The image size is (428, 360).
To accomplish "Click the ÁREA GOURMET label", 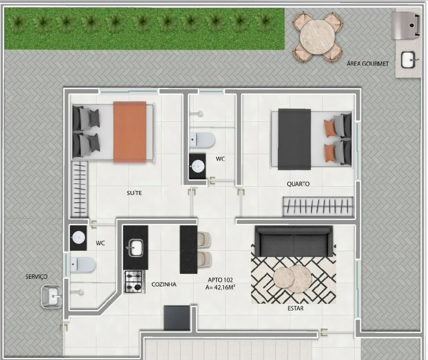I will (x=367, y=64).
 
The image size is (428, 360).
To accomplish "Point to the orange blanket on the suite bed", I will (x=129, y=132).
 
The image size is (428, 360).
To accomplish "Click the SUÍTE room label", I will (x=134, y=193).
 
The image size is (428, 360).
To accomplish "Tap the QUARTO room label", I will (x=298, y=184).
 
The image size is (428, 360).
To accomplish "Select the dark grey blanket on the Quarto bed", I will (x=295, y=139).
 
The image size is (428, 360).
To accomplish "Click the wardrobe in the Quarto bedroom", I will (x=318, y=206).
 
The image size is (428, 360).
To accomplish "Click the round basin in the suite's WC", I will (x=78, y=238).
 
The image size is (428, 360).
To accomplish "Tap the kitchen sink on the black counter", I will (x=135, y=248).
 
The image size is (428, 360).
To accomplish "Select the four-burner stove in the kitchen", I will (x=134, y=282).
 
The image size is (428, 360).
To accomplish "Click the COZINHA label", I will (x=164, y=284).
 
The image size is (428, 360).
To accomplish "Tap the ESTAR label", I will (x=295, y=308).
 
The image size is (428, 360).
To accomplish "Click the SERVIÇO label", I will (x=36, y=277).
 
